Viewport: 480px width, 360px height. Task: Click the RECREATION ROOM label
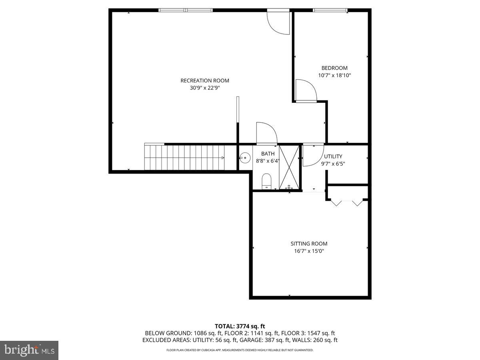click(x=204, y=80)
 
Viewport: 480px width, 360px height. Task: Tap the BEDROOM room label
click(x=334, y=68)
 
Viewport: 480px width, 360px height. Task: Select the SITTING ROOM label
click(x=309, y=244)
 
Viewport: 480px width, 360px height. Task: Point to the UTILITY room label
click(x=333, y=156)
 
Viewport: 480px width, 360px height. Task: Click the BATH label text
click(x=268, y=154)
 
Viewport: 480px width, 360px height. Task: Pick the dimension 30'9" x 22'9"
click(x=204, y=88)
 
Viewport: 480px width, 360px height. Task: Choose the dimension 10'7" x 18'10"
click(x=334, y=75)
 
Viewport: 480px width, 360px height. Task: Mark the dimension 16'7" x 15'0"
click(x=309, y=251)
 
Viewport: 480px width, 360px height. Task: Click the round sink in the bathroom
click(x=245, y=157)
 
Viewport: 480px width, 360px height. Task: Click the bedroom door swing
click(x=306, y=90)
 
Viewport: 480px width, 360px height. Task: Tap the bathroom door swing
click(x=266, y=133)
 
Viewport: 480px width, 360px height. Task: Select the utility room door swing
click(x=312, y=155)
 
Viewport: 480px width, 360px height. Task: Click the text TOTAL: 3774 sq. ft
click(x=240, y=326)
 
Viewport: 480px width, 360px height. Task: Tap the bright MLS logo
click(x=29, y=350)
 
